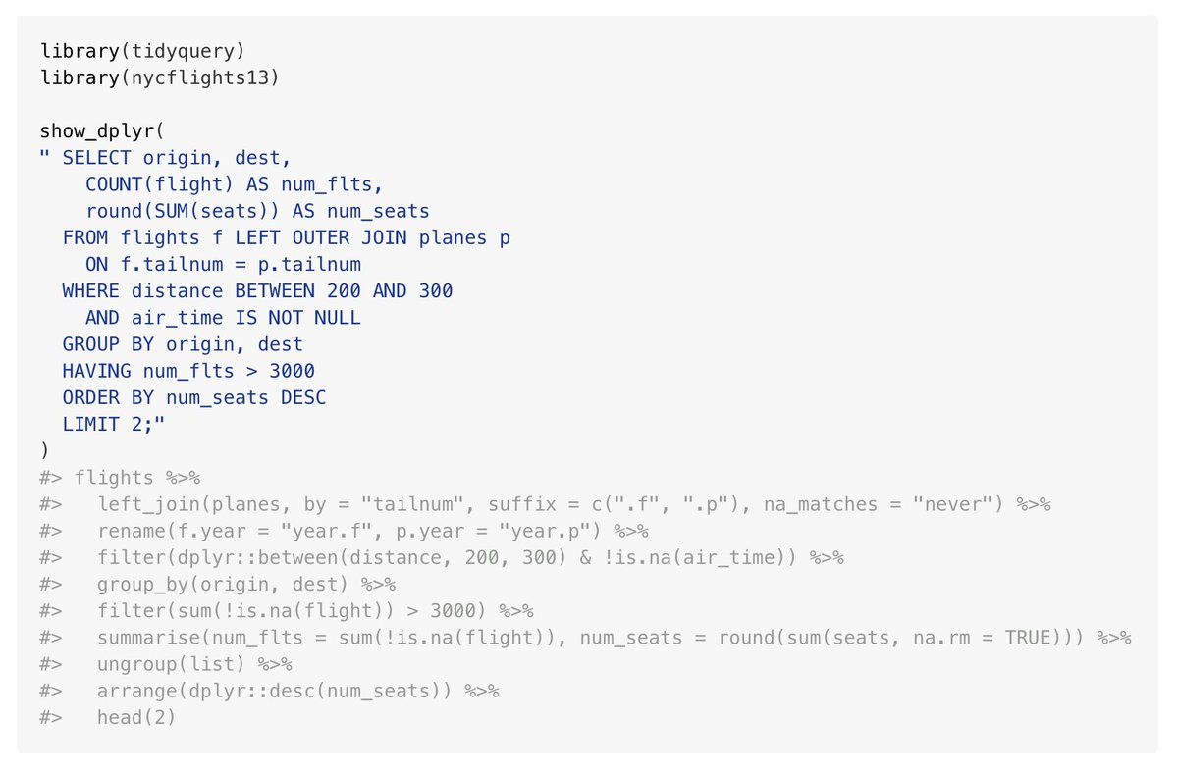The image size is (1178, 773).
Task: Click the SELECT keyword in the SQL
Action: click(x=96, y=157)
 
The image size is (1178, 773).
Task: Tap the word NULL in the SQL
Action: click(x=338, y=318)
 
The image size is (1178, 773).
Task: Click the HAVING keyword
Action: click(x=96, y=371)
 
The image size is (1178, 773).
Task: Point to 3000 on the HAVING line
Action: click(x=292, y=371)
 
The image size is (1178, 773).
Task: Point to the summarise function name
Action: click(x=148, y=638)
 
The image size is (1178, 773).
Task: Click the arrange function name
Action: click(x=136, y=691)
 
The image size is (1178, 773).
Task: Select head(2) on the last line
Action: click(x=136, y=718)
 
